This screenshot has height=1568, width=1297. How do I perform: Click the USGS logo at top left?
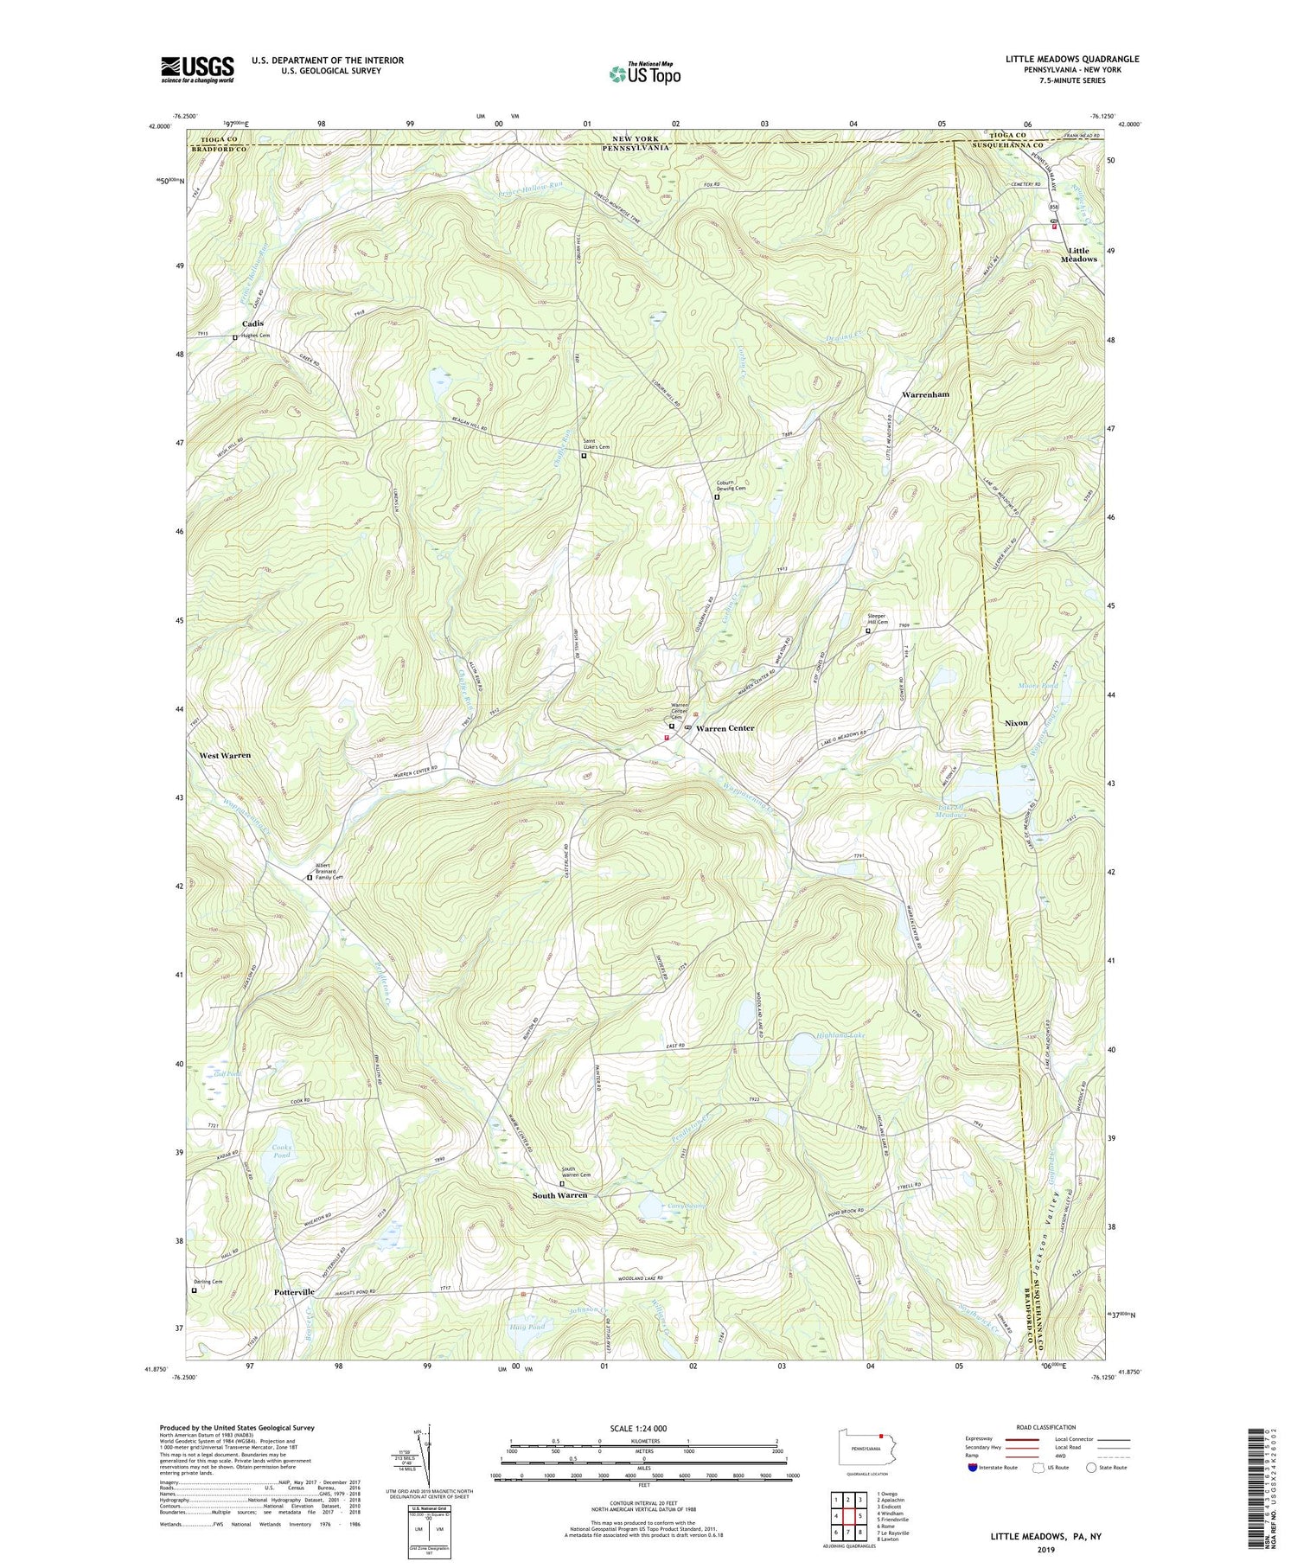point(197,69)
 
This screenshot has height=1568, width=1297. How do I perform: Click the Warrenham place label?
point(925,394)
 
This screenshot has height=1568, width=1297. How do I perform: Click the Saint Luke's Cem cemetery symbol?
point(584,456)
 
